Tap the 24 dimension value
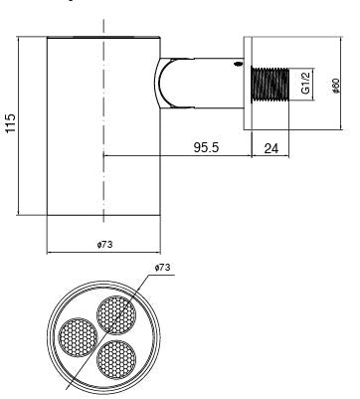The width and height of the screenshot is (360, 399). pos(271,147)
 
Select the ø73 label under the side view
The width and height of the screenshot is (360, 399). pos(103,244)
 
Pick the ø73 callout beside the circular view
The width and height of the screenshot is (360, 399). pos(163,268)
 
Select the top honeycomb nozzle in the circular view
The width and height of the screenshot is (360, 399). pos(114,314)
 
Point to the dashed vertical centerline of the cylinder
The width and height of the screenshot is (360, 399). pos(102,149)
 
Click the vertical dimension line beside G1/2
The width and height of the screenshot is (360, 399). pos(295,84)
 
